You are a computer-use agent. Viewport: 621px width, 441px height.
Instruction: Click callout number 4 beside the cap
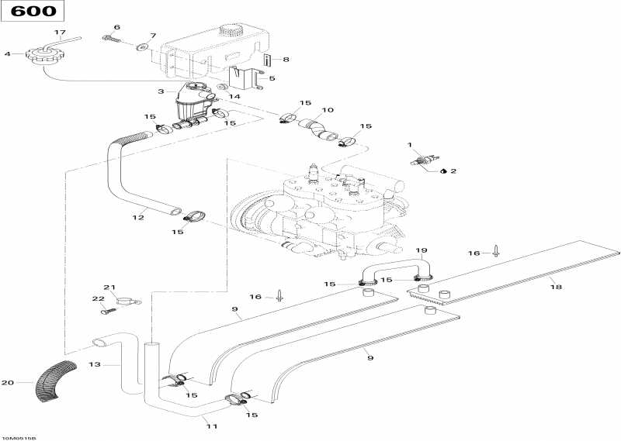coord(7,54)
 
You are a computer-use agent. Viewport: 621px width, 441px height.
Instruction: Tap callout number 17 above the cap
coord(59,32)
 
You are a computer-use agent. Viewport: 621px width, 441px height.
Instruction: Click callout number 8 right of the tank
coord(286,59)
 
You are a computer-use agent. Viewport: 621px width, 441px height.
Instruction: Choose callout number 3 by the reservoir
coord(161,91)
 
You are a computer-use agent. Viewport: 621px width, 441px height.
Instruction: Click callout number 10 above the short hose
coord(328,110)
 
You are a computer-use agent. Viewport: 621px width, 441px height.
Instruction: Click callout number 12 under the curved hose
coord(138,218)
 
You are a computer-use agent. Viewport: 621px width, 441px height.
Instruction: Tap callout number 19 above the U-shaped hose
coord(422,250)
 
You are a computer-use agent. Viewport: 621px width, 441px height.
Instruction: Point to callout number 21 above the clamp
coord(109,287)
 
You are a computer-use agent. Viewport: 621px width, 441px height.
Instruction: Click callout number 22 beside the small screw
coord(98,299)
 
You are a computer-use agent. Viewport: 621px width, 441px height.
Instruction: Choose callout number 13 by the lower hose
coord(95,364)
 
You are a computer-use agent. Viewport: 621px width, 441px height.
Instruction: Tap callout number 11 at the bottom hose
coord(210,425)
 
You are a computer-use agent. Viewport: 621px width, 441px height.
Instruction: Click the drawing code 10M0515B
coord(19,437)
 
